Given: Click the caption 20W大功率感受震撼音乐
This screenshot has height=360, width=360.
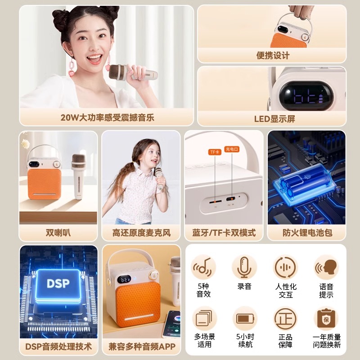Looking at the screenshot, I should (x=107, y=118).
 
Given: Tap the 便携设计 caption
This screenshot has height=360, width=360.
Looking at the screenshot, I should (x=273, y=55).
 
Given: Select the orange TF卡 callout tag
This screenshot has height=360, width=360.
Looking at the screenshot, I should (x=214, y=152).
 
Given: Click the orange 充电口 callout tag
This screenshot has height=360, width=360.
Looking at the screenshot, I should (x=232, y=148).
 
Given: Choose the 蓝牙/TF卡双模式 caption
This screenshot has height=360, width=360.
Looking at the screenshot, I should (x=224, y=233).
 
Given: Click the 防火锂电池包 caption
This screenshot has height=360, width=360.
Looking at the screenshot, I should (x=306, y=233).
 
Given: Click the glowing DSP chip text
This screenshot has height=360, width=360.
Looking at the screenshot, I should (x=58, y=284).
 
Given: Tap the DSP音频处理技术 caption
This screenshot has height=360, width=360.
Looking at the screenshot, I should (x=58, y=346).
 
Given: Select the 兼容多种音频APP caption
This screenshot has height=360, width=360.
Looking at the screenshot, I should (x=142, y=346).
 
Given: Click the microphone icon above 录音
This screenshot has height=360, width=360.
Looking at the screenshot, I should (x=244, y=267).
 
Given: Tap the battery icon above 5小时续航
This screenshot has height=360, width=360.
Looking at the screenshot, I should (x=244, y=319).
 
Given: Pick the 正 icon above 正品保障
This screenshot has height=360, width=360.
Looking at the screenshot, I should (x=285, y=319).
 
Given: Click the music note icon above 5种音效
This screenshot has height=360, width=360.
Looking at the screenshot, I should (x=203, y=267).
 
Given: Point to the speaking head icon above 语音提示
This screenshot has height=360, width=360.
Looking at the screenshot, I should (x=326, y=267).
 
